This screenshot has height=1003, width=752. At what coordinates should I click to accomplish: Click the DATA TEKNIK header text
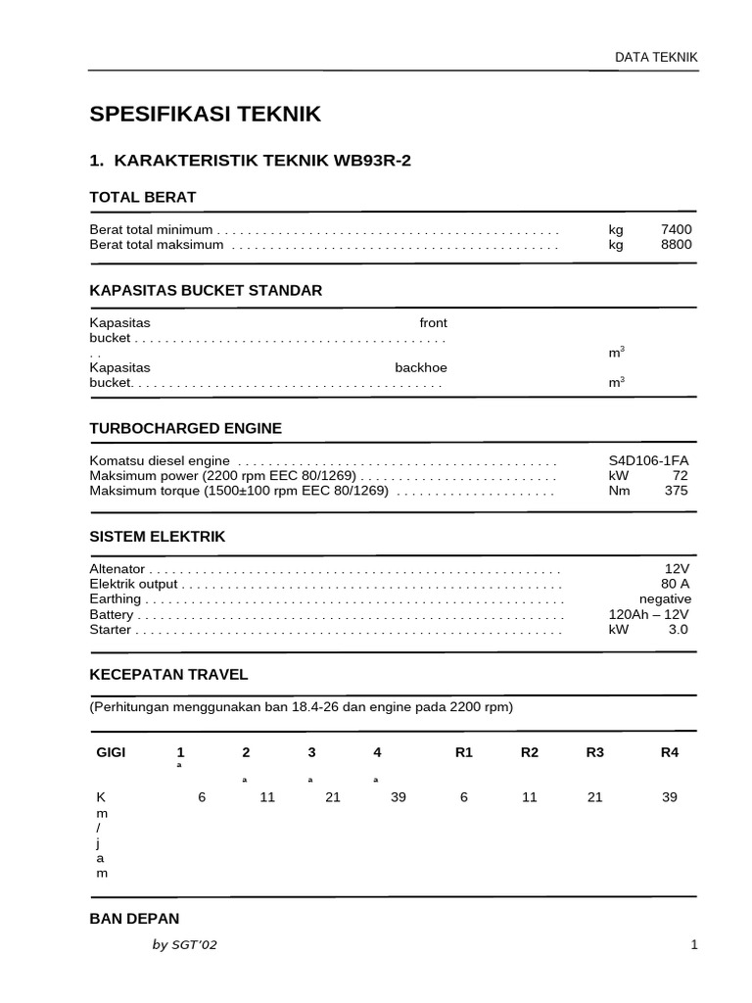coord(656,57)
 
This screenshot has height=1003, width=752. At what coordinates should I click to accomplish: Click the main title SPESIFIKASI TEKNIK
coord(205,115)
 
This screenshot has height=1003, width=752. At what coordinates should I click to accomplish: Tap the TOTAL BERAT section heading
coord(143,197)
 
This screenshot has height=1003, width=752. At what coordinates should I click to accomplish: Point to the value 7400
coord(676,229)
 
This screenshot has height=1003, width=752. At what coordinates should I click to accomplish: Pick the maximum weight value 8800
coord(676,245)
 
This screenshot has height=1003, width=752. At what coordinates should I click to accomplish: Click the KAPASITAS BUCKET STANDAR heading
coord(206,291)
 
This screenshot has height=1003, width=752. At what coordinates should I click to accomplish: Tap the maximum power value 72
coord(680,476)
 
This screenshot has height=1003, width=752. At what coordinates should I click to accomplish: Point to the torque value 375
coord(676,491)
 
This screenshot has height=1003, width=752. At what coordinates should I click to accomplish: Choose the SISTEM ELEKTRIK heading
coord(158,537)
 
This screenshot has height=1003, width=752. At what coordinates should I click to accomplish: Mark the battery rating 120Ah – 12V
coord(648,614)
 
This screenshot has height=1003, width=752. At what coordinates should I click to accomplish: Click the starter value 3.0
coord(678,630)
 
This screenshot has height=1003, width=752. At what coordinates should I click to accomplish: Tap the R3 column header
coord(595,752)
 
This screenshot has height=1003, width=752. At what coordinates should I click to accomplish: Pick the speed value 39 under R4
coord(670,797)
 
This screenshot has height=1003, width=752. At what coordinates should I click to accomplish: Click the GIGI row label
coord(111,752)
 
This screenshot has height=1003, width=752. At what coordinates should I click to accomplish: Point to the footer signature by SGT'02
coord(192,945)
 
